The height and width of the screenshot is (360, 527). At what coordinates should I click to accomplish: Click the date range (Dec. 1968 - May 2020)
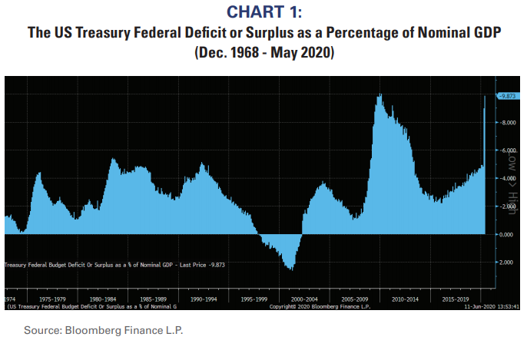[263, 54]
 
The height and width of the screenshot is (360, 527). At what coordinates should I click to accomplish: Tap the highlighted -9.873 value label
[508, 96]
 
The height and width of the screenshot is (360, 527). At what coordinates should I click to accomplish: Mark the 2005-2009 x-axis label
[355, 299]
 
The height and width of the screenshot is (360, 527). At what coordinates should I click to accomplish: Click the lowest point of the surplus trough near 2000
[290, 269]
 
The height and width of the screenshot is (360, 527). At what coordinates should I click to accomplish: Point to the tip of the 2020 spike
[485, 96]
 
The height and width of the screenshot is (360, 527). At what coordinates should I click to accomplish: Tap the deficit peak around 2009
[380, 94]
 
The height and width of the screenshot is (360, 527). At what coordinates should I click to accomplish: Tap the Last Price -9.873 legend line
[115, 264]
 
